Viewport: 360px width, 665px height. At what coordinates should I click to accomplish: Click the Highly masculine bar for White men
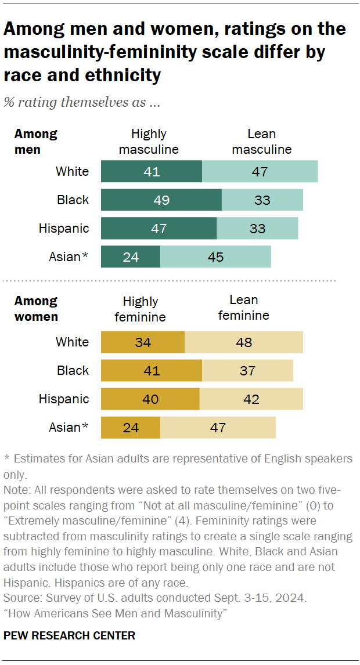[x=152, y=172]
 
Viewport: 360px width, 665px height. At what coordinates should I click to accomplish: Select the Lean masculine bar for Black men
[x=262, y=200]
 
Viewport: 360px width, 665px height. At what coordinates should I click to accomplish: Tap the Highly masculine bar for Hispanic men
[x=159, y=229]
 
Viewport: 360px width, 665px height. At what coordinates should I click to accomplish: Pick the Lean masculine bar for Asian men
[x=215, y=257]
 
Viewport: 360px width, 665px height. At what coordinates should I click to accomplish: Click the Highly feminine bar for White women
[x=143, y=342]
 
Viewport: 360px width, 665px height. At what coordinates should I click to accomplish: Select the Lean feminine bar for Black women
[x=247, y=371]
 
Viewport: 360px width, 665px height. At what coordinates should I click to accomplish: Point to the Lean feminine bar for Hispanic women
[x=251, y=399]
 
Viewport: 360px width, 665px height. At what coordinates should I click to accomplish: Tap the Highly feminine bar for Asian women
[x=131, y=428]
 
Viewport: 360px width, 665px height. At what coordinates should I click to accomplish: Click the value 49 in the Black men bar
[x=161, y=200]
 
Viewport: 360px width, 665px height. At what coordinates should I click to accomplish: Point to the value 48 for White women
[x=244, y=342]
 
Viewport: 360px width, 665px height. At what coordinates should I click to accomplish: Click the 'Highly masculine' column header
[x=149, y=142]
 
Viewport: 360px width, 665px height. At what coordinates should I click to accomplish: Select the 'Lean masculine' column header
[x=261, y=142]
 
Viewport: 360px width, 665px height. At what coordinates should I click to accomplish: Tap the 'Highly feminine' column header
[x=140, y=309]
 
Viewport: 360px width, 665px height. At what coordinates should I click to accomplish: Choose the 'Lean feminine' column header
[x=243, y=308]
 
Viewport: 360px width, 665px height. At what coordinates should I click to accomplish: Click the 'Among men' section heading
[x=35, y=142]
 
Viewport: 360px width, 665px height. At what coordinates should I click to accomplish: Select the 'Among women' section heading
[x=36, y=309]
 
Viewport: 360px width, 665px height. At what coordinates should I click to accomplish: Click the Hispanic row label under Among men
[x=64, y=229]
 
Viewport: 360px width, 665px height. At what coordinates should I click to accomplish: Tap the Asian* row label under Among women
[x=69, y=428]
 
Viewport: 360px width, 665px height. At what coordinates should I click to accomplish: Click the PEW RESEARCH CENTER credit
[x=69, y=635]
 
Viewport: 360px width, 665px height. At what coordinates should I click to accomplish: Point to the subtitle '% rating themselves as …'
[x=82, y=103]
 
